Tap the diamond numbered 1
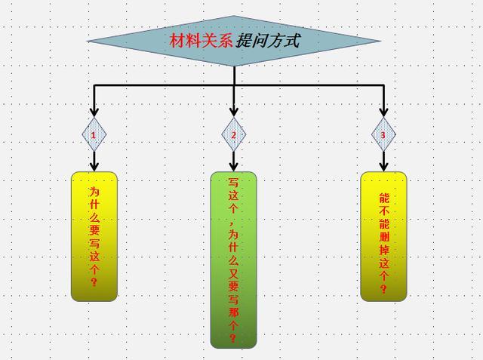tap(94, 134)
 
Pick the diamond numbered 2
tap(234, 134)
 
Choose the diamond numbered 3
tap(383, 134)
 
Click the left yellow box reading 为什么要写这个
tap(94, 236)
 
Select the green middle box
tap(233, 260)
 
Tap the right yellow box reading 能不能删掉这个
tap(383, 236)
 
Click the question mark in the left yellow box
tap(94, 282)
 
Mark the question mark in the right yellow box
tap(383, 288)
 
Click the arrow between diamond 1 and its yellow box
tap(94, 160)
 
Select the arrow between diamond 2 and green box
tap(234, 160)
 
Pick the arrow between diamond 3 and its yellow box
tap(383, 160)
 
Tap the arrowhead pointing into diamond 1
tap(94, 112)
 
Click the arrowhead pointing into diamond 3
tap(383, 112)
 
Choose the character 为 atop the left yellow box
tap(94, 192)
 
